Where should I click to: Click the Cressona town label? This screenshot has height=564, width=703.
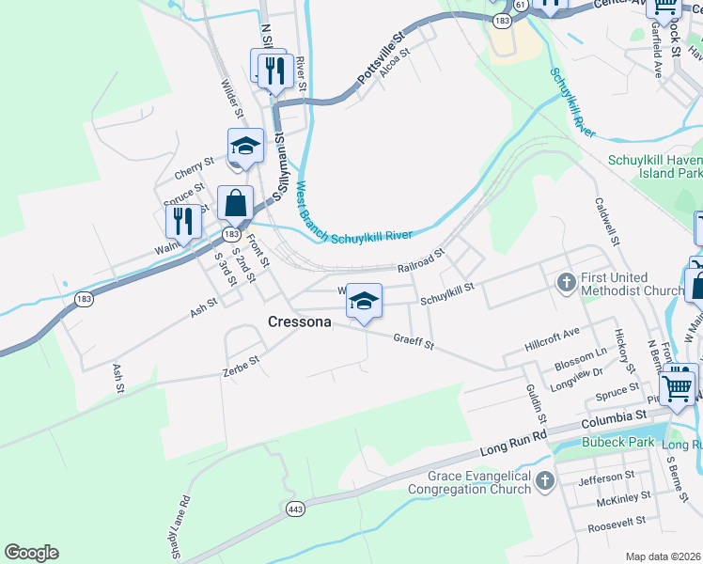pos(299,321)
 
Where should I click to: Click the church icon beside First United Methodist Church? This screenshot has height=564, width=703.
pos(566,282)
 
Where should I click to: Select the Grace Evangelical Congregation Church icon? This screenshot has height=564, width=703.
pos(545,483)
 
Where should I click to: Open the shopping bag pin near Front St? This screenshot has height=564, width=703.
pos(235,203)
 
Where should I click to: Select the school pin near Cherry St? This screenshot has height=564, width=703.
pos(245,146)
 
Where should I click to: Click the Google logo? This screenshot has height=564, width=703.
pos(31,553)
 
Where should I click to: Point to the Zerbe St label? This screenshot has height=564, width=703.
pos(241,364)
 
